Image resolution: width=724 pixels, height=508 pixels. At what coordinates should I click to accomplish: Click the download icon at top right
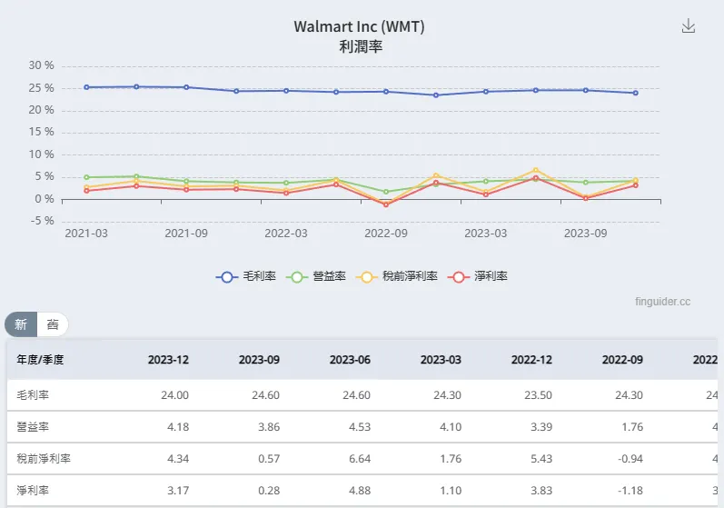click(689, 26)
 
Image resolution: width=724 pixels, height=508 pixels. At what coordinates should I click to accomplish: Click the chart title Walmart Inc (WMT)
click(359, 26)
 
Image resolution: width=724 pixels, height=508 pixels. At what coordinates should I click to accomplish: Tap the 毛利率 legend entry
click(247, 276)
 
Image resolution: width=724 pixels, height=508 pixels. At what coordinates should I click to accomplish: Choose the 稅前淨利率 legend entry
click(397, 276)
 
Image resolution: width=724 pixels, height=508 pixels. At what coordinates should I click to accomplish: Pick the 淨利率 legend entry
click(478, 276)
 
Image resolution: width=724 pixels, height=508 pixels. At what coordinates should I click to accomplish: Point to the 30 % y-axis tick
click(42, 65)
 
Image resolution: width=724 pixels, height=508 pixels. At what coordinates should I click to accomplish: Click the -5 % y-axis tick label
click(41, 222)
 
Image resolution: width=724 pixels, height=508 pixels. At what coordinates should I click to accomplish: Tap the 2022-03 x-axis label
click(286, 233)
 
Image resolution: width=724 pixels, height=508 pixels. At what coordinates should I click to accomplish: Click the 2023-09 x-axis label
click(586, 233)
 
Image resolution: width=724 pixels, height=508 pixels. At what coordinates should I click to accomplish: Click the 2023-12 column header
click(168, 360)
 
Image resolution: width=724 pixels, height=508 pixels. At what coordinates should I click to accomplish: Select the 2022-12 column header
click(531, 360)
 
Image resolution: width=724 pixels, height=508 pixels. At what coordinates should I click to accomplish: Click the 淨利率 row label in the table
click(32, 491)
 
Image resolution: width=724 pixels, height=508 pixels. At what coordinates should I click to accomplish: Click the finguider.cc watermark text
click(664, 301)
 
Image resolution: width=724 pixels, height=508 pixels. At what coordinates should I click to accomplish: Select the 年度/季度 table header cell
click(40, 360)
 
